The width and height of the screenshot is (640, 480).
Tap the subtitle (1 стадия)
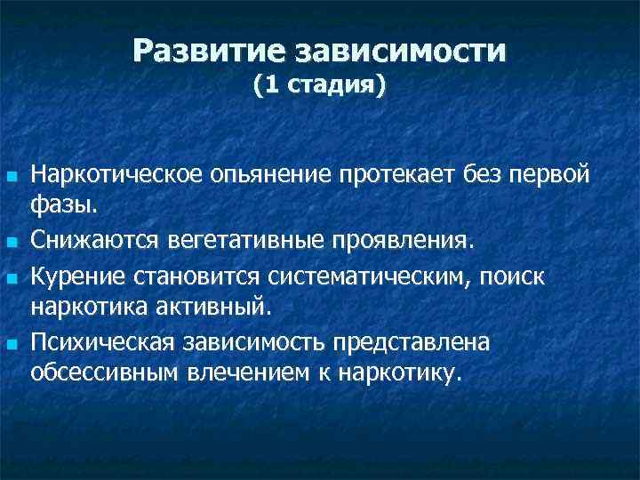[319, 86]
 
